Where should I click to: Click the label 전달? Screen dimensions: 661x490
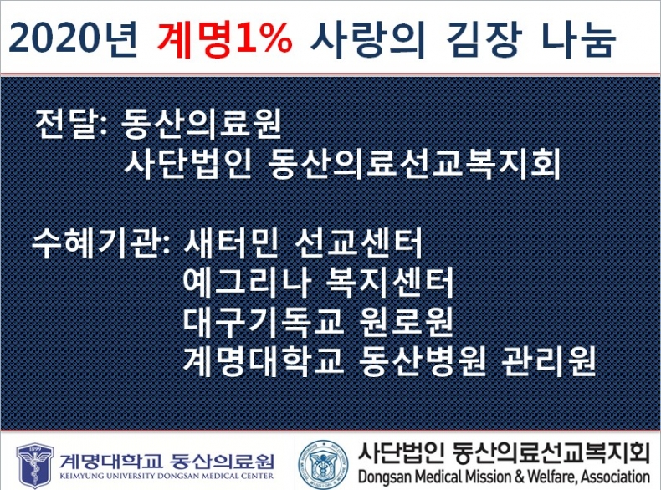(71, 124)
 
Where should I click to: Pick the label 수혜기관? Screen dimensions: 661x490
(101, 244)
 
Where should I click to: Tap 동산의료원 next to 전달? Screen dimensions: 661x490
(201, 124)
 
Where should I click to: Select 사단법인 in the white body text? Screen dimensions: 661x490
(187, 164)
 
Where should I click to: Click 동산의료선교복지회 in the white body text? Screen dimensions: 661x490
(414, 164)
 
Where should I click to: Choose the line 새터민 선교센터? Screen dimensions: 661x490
(303, 244)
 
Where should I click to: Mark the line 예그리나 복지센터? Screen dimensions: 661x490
(319, 283)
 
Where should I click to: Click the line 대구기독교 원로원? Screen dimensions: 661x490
(319, 322)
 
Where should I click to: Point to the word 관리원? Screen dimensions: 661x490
(548, 360)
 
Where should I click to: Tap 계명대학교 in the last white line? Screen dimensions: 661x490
(264, 360)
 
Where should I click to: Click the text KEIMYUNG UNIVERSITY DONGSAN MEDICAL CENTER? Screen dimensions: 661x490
(167, 476)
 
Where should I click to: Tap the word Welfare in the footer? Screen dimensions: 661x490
(552, 477)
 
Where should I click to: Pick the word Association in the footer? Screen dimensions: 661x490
(616, 477)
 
